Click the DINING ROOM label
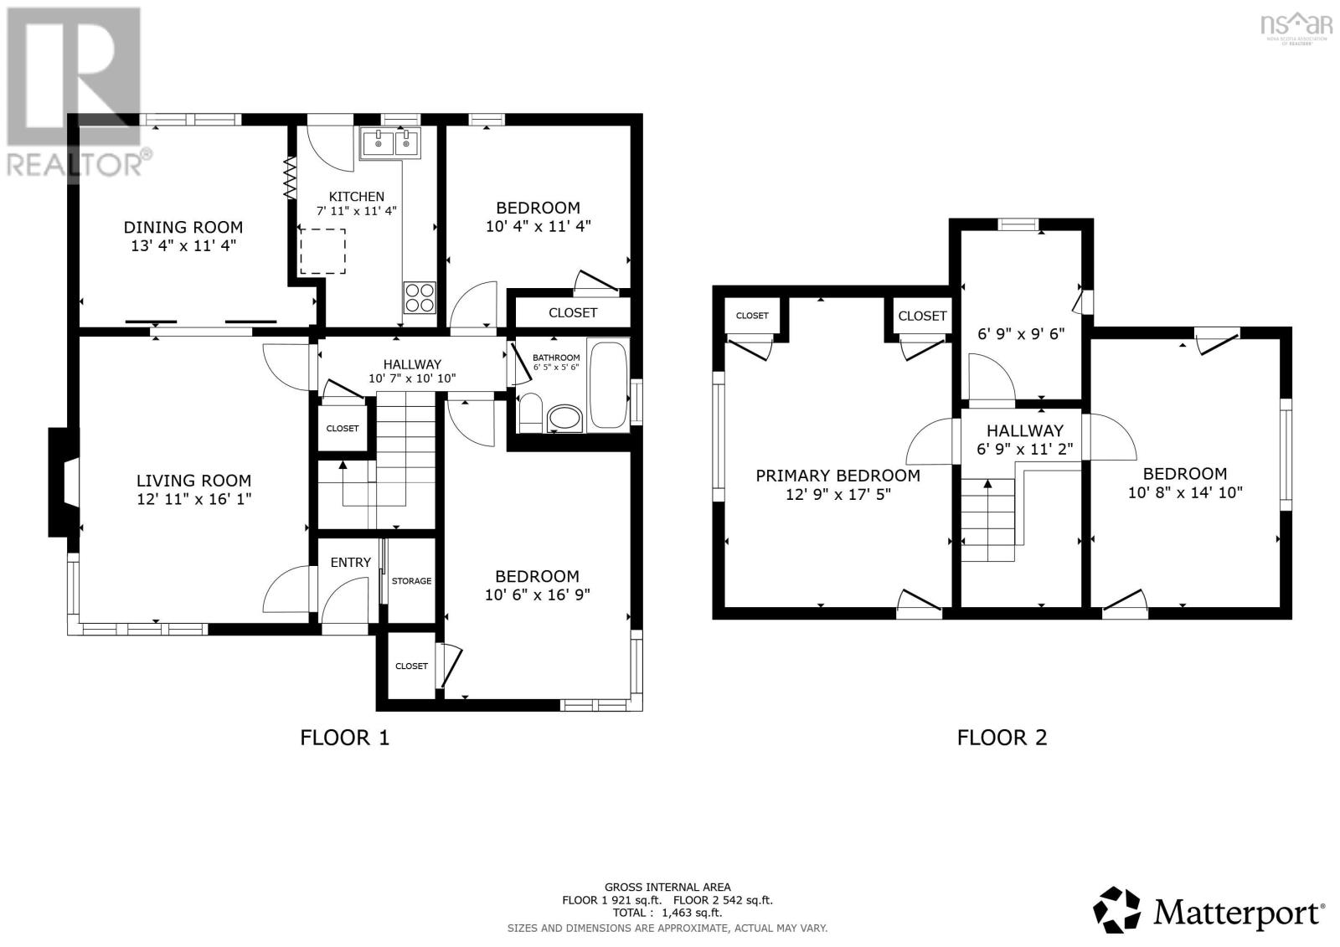point(183,227)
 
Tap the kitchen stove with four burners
point(420,297)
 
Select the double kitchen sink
point(389,143)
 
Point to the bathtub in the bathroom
point(608,384)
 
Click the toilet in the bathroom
point(530,412)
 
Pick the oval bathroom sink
point(564,418)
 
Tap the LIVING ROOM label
point(193,481)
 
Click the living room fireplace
point(64,481)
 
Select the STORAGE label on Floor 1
point(411,581)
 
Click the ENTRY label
point(351,563)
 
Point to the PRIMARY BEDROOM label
point(838,476)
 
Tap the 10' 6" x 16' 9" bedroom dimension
point(537,594)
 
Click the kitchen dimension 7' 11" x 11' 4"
point(357,210)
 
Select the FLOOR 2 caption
point(1002,738)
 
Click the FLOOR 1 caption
point(344,738)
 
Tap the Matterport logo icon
point(1117,911)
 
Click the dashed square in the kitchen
point(323,251)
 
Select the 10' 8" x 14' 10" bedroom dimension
point(1185,492)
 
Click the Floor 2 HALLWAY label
point(1025,430)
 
